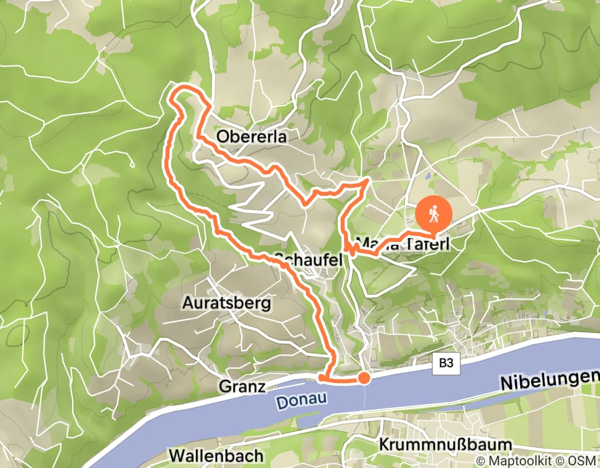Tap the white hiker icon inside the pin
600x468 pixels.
[434, 214]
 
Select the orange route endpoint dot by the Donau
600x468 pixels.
[363, 378]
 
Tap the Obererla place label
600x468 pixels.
[251, 137]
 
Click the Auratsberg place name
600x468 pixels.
[227, 304]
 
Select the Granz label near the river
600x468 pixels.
[237, 386]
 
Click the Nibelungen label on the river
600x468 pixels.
[548, 380]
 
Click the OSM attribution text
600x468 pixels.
[583, 461]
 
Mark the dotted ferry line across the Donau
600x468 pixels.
[364, 398]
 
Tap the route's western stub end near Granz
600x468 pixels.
[321, 378]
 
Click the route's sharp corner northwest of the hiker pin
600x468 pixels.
[367, 180]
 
